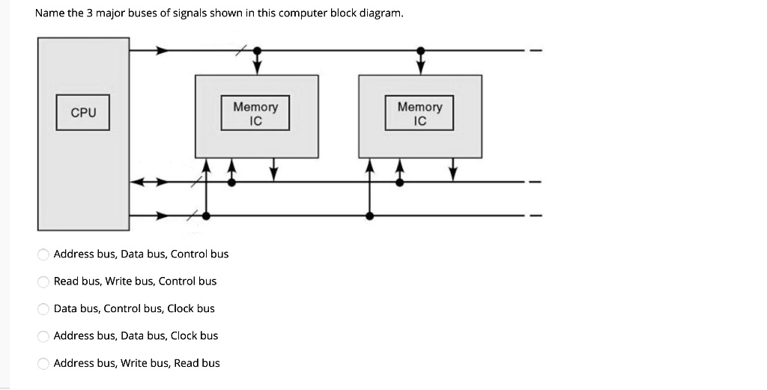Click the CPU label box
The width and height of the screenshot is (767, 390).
coord(83,112)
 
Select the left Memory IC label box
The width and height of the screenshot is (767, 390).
coord(255,113)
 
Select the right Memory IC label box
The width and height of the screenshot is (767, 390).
coord(419,113)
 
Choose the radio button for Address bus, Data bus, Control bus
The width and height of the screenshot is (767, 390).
coord(44,255)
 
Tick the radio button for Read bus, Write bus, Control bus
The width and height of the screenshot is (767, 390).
coord(44,281)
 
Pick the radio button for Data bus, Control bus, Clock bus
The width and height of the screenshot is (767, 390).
coord(44,308)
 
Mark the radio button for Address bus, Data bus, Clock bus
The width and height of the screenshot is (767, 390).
coord(44,336)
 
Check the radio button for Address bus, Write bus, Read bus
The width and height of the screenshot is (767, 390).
coord(44,363)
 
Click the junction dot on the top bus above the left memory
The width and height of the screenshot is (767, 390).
coord(257,51)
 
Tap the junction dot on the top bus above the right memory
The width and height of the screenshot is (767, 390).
coord(421,51)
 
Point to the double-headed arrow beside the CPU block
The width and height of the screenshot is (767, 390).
coord(145,182)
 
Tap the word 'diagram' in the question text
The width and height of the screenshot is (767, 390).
coord(381,13)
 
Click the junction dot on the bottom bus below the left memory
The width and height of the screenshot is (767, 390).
coord(206,216)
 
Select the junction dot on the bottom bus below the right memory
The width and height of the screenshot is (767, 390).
coord(370,216)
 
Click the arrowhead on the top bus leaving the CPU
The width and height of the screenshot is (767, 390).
coord(162,51)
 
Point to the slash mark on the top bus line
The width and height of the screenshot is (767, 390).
coord(240,51)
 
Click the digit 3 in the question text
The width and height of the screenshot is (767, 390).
coord(100,13)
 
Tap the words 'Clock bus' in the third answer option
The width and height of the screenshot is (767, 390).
coord(191,308)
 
